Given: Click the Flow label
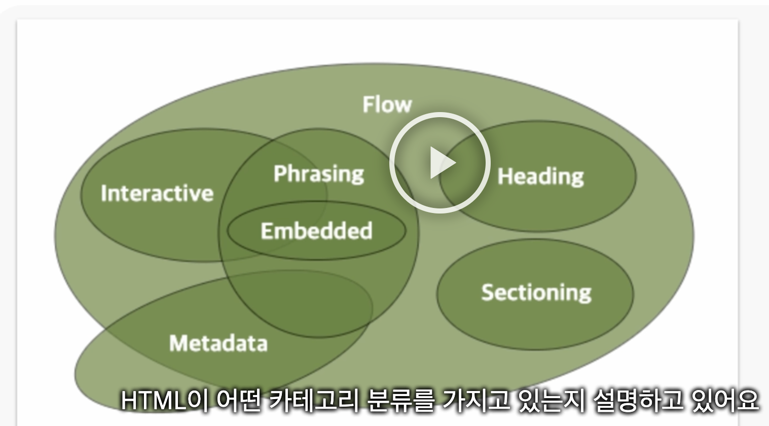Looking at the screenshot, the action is (x=387, y=104).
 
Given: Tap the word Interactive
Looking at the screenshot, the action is (x=157, y=193).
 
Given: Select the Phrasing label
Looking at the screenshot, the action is (x=318, y=174).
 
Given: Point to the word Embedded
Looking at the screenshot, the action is (x=316, y=231).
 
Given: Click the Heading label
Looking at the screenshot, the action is (x=540, y=176).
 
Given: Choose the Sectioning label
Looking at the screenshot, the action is (x=536, y=293).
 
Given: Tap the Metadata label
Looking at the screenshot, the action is (x=218, y=343).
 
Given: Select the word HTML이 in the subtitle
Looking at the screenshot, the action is (x=165, y=401).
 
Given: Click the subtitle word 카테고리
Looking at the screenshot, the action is (x=314, y=401).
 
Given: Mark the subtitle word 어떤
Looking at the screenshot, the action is (x=238, y=401).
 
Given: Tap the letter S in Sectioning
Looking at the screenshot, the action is (x=487, y=293).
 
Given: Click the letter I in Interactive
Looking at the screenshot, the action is (x=104, y=193).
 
